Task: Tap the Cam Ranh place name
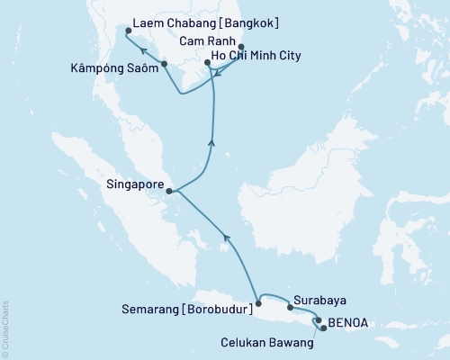click(x=209, y=42)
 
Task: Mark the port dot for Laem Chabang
click(x=128, y=30)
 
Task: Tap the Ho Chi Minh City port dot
click(x=208, y=63)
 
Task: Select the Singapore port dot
click(x=169, y=191)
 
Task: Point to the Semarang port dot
click(x=258, y=304)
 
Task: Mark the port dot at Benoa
click(x=318, y=319)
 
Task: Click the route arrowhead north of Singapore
click(x=211, y=140)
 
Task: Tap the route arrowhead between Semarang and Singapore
click(x=226, y=238)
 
